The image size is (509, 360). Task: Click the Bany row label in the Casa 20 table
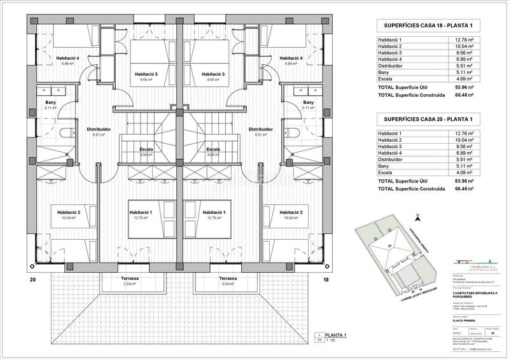384,165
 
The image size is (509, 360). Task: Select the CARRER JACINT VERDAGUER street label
419,294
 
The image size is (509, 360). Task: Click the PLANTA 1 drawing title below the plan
336,335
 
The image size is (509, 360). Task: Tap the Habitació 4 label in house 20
66,58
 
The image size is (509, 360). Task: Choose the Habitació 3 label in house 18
213,74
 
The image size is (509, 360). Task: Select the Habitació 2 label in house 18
281,212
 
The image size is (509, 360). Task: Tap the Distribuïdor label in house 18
260,129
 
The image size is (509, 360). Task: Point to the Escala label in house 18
213,149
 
